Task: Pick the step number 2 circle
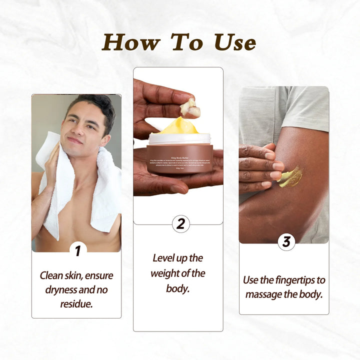(181, 223)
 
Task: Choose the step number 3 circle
(286, 242)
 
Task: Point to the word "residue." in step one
(76, 303)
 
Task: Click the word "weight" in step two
(167, 273)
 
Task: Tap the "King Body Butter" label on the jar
(178, 149)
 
